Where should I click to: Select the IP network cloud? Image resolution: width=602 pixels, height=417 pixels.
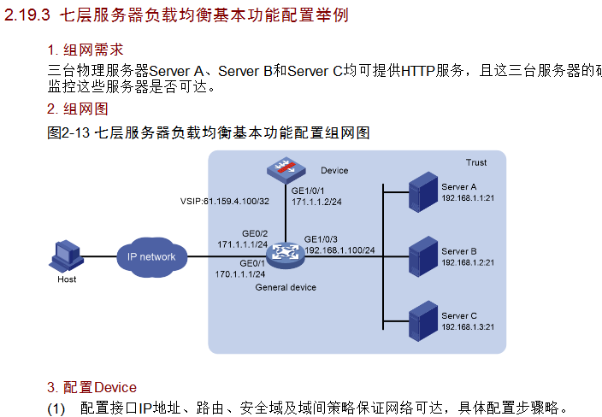[x=151, y=256]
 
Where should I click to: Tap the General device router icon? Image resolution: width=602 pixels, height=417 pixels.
[x=286, y=253]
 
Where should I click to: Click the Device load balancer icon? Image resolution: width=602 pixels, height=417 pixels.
[x=285, y=170]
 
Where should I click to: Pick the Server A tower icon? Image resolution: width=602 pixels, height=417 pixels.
[x=422, y=192]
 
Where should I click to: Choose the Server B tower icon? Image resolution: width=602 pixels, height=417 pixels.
[x=422, y=255]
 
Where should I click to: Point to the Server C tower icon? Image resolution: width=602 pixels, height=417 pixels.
[x=422, y=320]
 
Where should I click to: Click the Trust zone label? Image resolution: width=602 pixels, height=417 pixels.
[x=476, y=162]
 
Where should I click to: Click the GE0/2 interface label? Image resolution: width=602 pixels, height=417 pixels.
[x=255, y=233]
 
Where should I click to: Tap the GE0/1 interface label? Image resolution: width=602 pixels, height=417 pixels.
[x=253, y=263]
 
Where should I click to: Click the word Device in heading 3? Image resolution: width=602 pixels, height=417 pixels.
[x=115, y=387]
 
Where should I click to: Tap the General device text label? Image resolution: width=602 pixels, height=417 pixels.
[x=286, y=287]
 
